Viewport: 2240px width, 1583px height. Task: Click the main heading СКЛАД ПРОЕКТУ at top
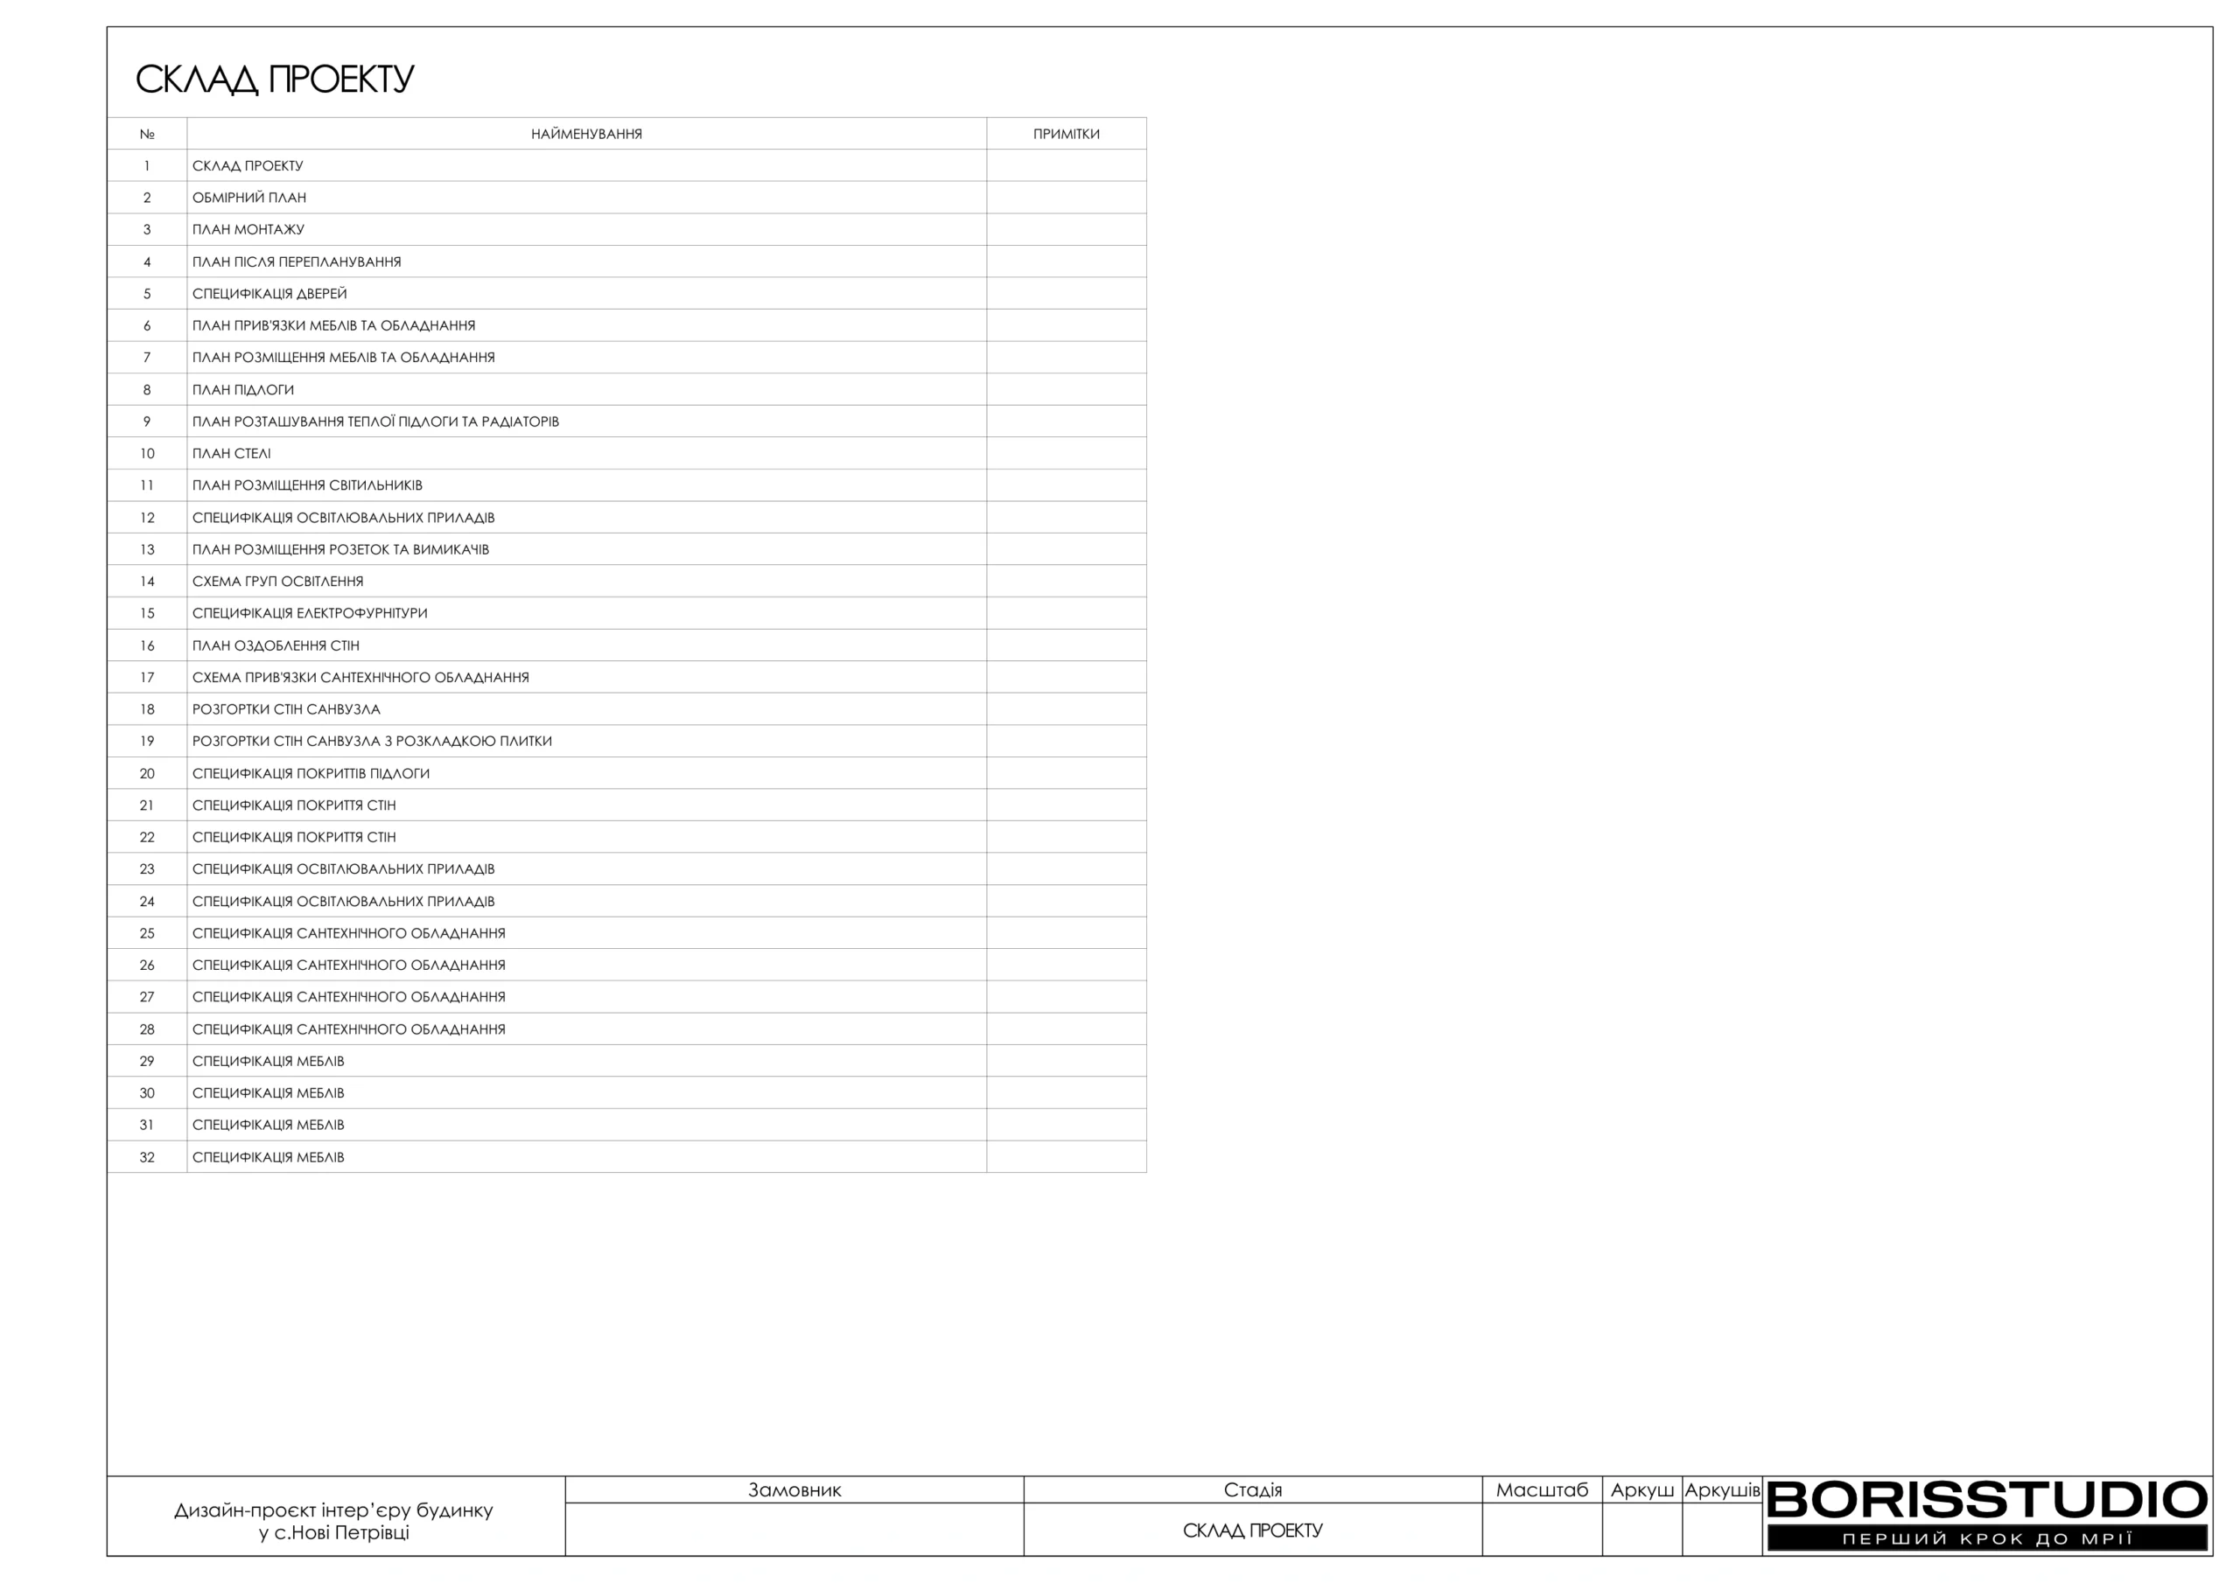pos(274,79)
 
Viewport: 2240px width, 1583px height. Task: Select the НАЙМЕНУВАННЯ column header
pos(586,134)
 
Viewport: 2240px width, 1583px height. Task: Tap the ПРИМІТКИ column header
pos(1066,134)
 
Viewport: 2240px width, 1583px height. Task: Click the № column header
pos(147,134)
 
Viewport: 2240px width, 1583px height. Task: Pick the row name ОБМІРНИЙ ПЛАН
pos(248,198)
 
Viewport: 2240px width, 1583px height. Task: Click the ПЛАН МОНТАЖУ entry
pos(248,229)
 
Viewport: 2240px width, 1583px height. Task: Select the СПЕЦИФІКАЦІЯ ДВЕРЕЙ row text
pos(269,294)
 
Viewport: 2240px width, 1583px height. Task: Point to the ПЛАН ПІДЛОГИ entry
pos(243,390)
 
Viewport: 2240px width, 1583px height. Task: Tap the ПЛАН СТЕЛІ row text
pos(231,454)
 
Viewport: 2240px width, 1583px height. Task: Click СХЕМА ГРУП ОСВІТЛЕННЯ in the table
pos(277,582)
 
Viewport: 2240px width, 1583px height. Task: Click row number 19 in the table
pos(147,742)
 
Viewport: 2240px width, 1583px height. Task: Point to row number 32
pos(147,1158)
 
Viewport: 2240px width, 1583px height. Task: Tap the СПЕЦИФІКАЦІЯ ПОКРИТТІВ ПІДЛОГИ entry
pos(311,773)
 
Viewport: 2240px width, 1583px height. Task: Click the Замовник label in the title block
pos(794,1490)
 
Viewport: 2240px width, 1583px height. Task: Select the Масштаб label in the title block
pos(1542,1490)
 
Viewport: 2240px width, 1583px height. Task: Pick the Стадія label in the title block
pos(1253,1490)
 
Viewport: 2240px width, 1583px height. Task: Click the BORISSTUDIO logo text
pos(1986,1500)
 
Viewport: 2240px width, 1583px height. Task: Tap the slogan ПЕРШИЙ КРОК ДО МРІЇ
pos(1986,1539)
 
